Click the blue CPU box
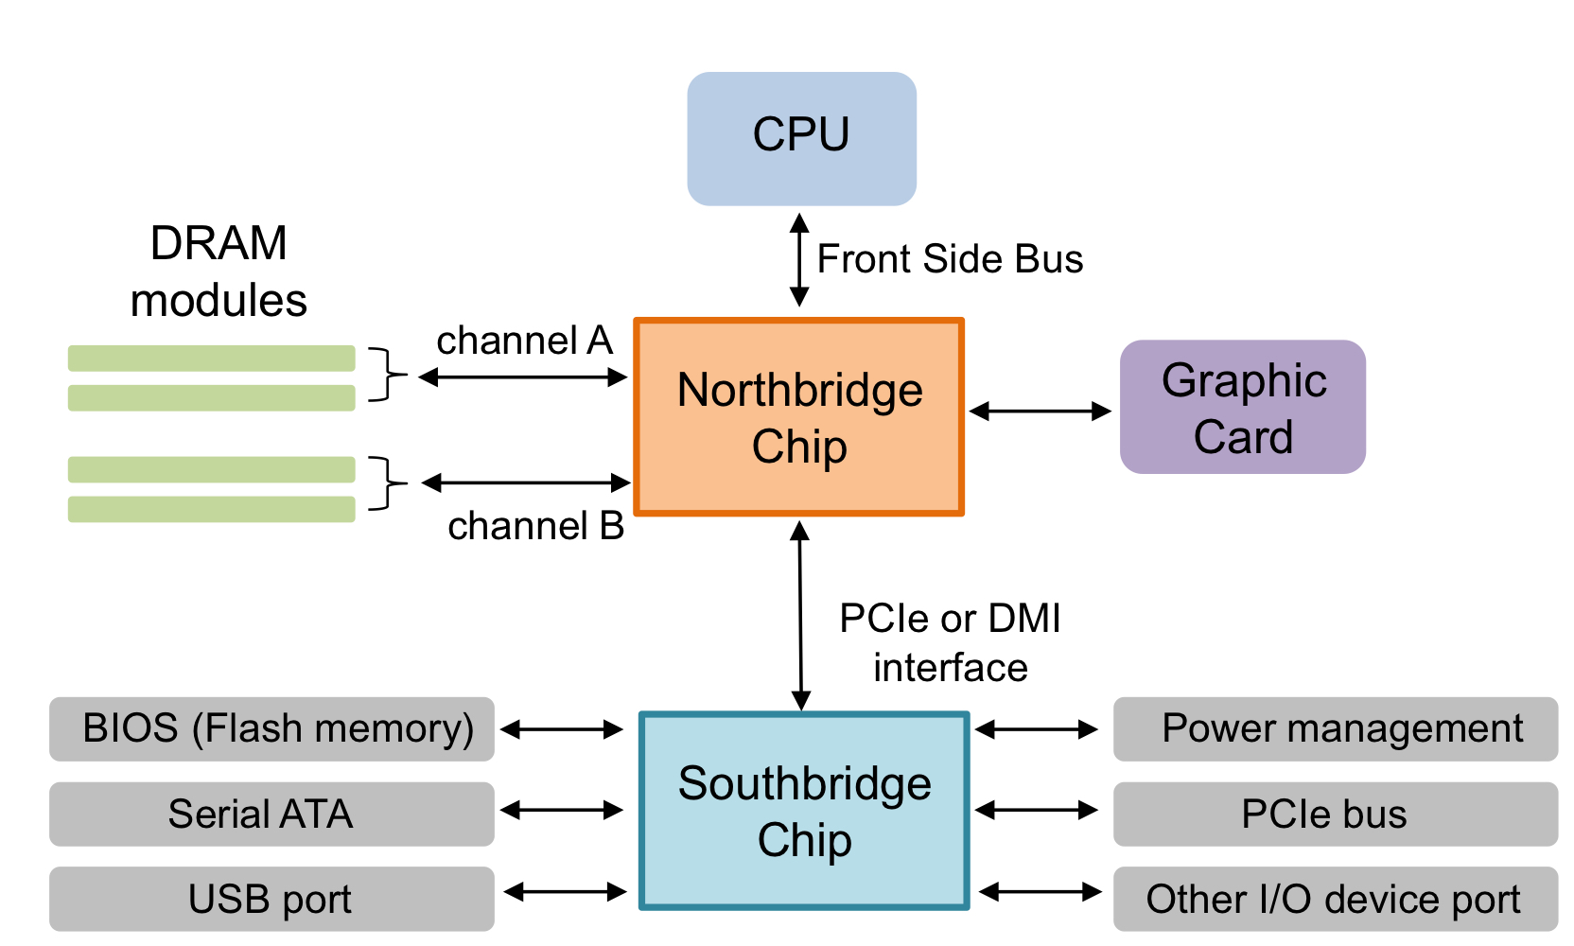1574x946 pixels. (801, 138)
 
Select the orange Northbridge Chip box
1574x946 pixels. (799, 417)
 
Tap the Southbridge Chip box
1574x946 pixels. (804, 811)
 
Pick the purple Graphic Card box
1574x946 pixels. (1242, 407)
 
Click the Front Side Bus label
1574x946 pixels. (950, 259)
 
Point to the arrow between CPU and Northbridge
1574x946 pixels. (799, 260)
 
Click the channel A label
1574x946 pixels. (524, 341)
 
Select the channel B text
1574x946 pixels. (535, 526)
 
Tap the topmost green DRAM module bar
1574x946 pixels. (211, 359)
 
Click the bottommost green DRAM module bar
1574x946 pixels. (211, 510)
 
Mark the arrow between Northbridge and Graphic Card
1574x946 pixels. (1041, 411)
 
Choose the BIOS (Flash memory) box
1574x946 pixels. (271, 729)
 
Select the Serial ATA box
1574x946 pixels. (271, 814)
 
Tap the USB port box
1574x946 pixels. (271, 899)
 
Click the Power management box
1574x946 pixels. (1335, 729)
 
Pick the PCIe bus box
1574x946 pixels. (1335, 814)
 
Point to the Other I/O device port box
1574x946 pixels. (1335, 899)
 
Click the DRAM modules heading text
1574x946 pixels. (219, 272)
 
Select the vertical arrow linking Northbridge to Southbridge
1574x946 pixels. (800, 615)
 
